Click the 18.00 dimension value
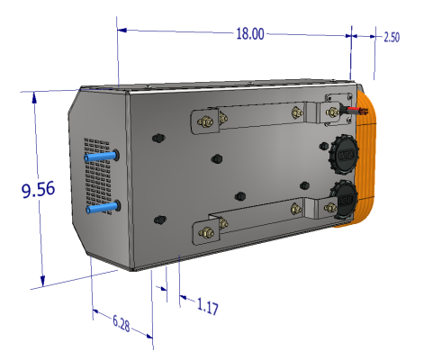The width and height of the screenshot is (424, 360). [249, 34]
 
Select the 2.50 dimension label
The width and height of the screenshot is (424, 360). [392, 38]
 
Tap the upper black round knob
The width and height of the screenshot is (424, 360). [343, 155]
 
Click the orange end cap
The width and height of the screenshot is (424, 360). [369, 162]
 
